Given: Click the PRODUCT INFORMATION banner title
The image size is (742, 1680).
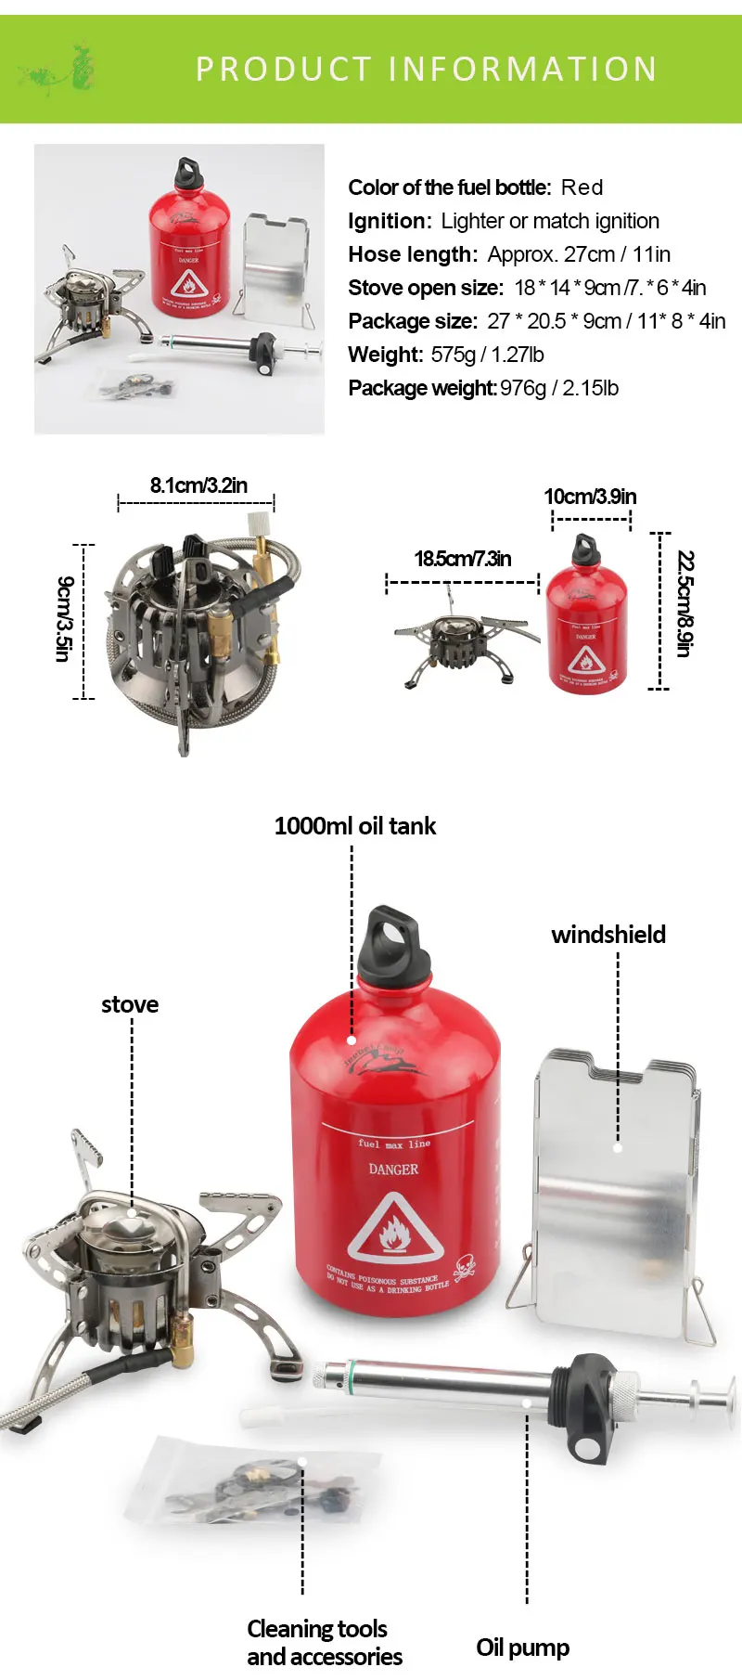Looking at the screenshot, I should click(426, 69).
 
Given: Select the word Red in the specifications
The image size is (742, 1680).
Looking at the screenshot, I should click(582, 187).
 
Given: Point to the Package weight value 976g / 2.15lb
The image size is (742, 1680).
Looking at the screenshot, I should click(559, 388).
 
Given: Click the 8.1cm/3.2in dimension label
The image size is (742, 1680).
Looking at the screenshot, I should click(198, 485).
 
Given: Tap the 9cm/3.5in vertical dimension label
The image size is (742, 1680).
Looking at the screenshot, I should click(63, 619).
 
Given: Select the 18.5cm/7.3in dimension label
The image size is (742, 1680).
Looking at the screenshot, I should click(463, 559).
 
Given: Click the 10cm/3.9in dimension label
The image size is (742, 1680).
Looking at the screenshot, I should click(590, 497).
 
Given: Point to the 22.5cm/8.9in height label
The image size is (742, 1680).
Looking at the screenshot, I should click(684, 603).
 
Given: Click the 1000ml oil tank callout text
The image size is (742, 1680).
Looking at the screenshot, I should click(355, 826).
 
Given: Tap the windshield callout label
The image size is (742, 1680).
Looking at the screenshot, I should click(608, 935).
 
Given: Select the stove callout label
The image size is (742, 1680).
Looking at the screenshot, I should click(130, 1004).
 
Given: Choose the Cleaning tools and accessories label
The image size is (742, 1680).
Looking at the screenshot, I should click(324, 1642).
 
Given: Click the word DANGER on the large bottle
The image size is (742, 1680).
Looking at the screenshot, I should click(393, 1170).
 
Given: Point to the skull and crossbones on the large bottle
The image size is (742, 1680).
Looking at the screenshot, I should click(464, 1269).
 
